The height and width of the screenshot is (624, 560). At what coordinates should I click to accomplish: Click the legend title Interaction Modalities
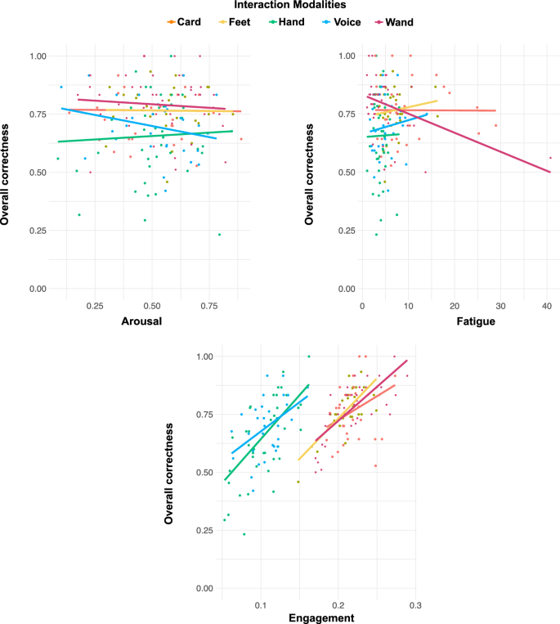(x=280, y=6)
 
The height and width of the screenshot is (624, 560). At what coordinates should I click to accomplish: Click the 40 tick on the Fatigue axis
(x=545, y=304)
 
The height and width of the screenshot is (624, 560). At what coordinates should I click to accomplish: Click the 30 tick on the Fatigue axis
(x=500, y=304)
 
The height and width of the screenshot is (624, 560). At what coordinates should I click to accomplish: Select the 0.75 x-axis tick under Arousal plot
(x=207, y=304)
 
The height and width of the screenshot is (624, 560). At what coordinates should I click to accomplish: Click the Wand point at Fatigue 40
(x=550, y=158)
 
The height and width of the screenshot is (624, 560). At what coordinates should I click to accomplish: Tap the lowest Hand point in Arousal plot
(x=219, y=235)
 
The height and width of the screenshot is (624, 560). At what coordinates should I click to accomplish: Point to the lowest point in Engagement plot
(x=244, y=534)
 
